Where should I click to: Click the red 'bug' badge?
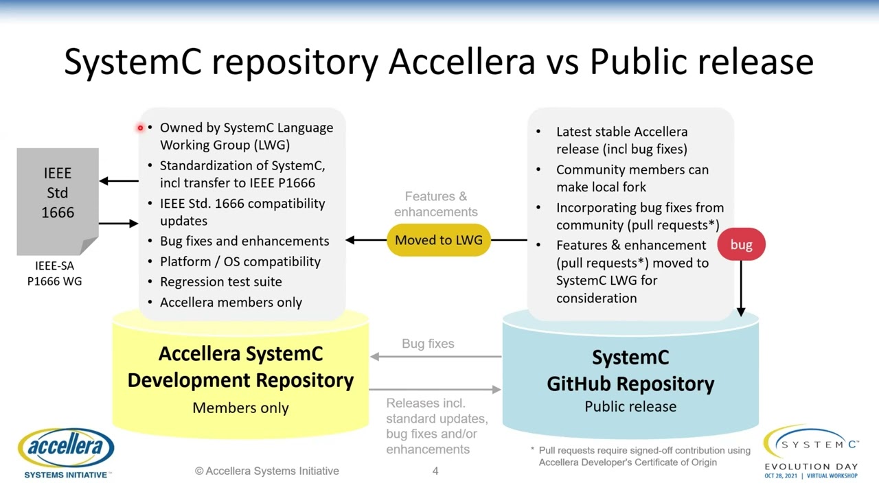741,245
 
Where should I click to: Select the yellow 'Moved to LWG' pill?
439,240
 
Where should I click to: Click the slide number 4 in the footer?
435,471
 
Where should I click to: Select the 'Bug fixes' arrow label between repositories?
428,344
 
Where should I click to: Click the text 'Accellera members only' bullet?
231,302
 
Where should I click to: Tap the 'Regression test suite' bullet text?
220,281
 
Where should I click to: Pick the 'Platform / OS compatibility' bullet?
240,261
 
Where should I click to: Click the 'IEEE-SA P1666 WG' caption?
55,273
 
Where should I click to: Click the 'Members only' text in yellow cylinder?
240,408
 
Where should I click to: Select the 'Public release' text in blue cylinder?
630,406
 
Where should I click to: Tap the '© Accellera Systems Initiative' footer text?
267,471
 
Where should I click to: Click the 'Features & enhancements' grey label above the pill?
436,204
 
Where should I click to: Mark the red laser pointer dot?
140,128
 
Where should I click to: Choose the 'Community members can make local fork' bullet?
632,178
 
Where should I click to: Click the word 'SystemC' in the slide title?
133,62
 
